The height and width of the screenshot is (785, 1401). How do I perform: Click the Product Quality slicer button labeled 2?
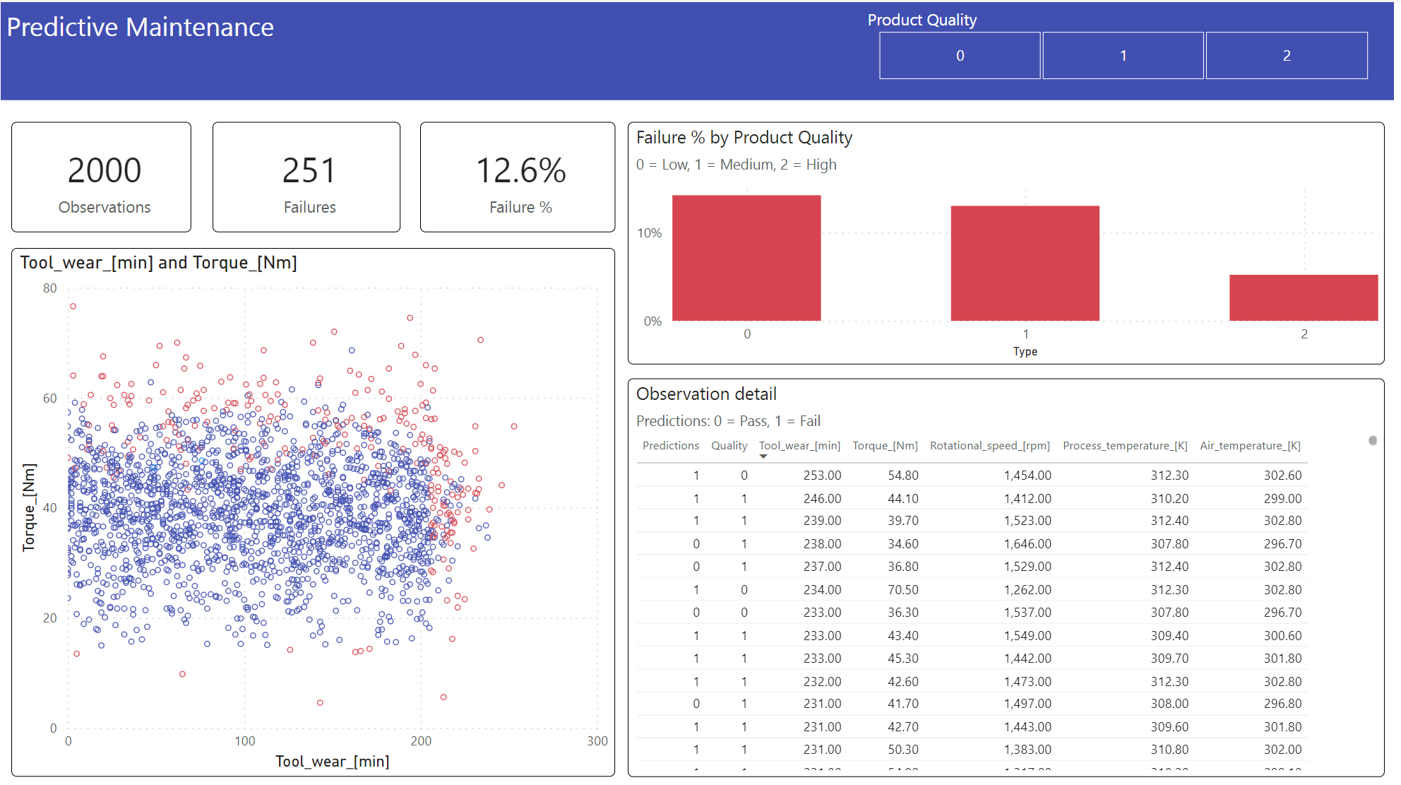[x=1286, y=56]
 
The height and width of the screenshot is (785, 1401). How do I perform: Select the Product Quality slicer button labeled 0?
[x=959, y=56]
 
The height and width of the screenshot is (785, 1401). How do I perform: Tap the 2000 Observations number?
[x=105, y=171]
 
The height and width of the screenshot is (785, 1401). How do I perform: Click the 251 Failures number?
[x=309, y=171]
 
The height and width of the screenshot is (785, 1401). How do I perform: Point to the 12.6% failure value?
[x=520, y=171]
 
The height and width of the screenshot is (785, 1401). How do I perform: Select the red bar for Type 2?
[x=1303, y=297]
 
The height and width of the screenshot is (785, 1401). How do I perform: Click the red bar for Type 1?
[x=1025, y=263]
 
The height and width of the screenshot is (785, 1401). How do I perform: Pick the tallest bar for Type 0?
[x=746, y=258]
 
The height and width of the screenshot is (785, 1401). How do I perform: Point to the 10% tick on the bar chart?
[x=650, y=233]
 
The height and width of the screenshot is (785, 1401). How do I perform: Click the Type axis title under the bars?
[x=1025, y=351]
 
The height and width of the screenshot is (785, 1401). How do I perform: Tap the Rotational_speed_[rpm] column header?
[x=989, y=446]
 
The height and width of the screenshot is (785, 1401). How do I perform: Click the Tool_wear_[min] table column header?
[x=799, y=446]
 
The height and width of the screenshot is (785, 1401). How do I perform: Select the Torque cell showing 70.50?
[x=902, y=590]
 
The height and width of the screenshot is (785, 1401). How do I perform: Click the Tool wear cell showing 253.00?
[x=822, y=476]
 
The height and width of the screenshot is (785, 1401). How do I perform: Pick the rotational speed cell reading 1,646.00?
[x=1027, y=544]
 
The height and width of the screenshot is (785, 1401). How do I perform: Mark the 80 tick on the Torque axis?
[x=49, y=288]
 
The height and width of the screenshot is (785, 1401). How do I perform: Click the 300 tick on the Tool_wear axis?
[x=597, y=741]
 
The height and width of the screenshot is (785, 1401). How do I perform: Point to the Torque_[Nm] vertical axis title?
[x=29, y=507]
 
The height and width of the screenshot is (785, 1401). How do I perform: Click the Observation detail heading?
[x=706, y=394]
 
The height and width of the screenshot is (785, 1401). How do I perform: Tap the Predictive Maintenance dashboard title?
[x=140, y=28]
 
